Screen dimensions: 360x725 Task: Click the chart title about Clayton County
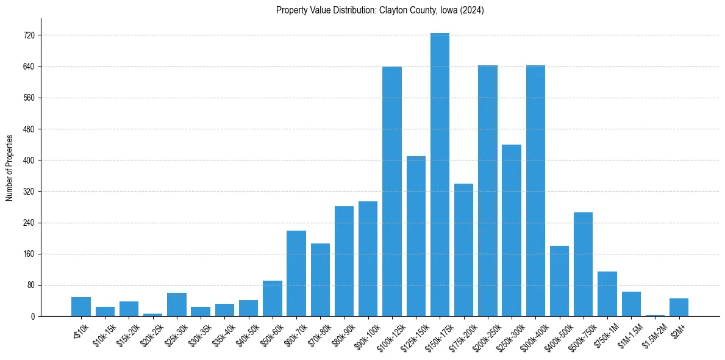click(x=380, y=10)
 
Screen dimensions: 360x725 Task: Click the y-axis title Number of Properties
click(x=9, y=168)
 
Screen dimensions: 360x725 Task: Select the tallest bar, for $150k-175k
click(x=440, y=175)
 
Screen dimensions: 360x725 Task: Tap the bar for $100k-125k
click(x=392, y=191)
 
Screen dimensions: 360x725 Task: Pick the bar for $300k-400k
click(x=535, y=190)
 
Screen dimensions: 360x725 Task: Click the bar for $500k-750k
click(x=584, y=264)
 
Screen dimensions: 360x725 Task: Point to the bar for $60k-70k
click(x=296, y=273)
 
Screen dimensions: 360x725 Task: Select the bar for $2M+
click(x=679, y=307)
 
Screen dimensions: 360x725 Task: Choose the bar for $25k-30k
click(x=177, y=304)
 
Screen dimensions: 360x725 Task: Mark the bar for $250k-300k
click(x=512, y=230)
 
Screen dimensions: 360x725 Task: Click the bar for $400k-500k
click(x=559, y=281)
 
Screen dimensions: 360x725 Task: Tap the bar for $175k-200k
click(x=463, y=250)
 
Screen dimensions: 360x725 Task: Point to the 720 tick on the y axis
click(x=28, y=35)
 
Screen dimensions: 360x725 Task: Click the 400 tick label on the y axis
click(x=28, y=160)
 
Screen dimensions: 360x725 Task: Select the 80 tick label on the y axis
click(x=30, y=285)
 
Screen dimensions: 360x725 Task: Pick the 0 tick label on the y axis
click(x=32, y=316)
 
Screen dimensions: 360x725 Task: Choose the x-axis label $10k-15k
click(x=103, y=334)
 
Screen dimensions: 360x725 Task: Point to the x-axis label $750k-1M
click(x=605, y=335)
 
